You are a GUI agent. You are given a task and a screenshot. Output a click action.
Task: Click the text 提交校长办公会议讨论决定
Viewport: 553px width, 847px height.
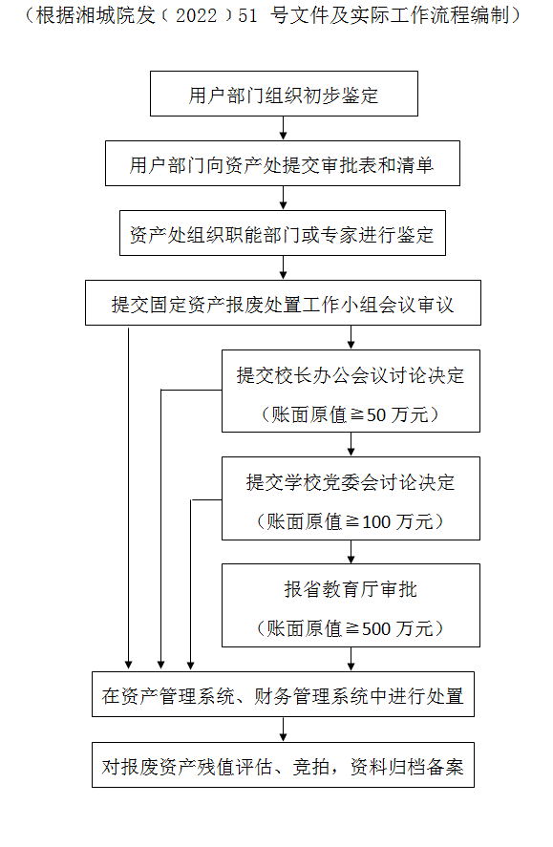[351, 375]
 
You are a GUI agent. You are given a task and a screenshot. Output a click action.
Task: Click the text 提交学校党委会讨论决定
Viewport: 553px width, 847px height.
[351, 482]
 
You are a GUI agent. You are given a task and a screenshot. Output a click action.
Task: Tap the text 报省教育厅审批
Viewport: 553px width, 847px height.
[351, 589]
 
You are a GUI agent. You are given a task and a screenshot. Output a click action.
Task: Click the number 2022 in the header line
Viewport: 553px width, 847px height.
[197, 15]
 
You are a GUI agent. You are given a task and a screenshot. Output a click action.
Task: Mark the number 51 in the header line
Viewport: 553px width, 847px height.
[247, 15]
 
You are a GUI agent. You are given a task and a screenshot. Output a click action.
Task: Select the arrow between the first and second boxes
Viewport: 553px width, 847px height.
[283, 129]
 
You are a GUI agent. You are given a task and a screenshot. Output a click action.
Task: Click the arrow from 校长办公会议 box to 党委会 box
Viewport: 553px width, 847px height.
[351, 445]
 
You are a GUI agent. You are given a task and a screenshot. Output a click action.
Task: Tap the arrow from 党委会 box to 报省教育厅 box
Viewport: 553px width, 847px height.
[351, 552]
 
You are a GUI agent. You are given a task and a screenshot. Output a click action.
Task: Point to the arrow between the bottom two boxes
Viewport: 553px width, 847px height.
[283, 730]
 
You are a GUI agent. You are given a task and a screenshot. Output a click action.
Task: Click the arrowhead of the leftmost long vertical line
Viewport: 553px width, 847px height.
[129, 665]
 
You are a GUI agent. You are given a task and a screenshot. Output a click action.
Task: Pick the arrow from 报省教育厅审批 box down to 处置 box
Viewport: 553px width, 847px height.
[351, 659]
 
